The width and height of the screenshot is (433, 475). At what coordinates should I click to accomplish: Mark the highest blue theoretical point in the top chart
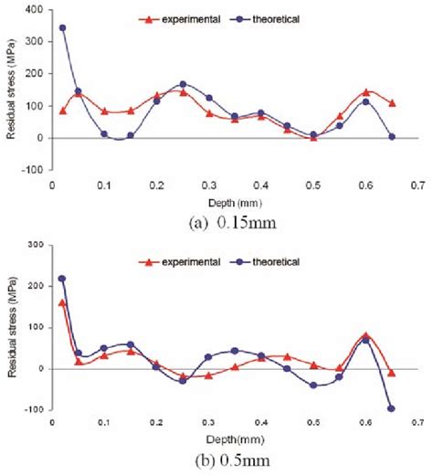point(62,28)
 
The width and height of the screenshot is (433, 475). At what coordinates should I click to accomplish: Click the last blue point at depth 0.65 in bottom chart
point(391,408)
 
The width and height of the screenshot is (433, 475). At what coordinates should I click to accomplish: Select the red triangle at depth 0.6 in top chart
point(365,92)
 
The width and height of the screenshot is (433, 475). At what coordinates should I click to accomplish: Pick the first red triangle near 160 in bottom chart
point(62,302)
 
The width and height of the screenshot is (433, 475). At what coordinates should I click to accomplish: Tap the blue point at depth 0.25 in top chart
point(183,85)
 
